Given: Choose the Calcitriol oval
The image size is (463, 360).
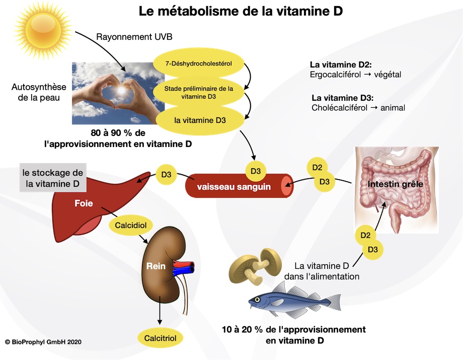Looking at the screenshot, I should [x=160, y=338].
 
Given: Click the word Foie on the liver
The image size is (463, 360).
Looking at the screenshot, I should [x=83, y=205].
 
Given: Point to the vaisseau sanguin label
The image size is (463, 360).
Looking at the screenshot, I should [x=234, y=187].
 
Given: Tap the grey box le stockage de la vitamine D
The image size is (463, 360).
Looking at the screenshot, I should [x=52, y=178].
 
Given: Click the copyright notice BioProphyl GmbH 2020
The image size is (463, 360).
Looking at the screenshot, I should [x=43, y=342].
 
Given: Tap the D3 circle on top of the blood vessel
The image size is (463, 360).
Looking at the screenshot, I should [x=255, y=171].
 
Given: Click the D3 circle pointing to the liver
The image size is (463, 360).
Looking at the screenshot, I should [x=167, y=175].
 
